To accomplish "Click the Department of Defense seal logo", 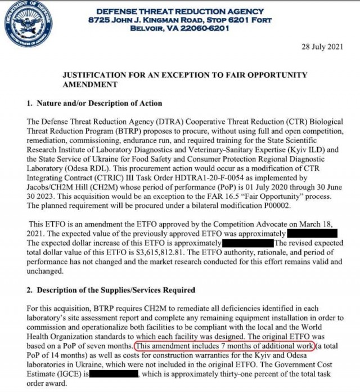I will [x=25, y=24].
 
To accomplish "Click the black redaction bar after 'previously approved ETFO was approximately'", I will [x=312, y=233].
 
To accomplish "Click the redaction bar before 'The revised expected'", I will [x=247, y=243].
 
